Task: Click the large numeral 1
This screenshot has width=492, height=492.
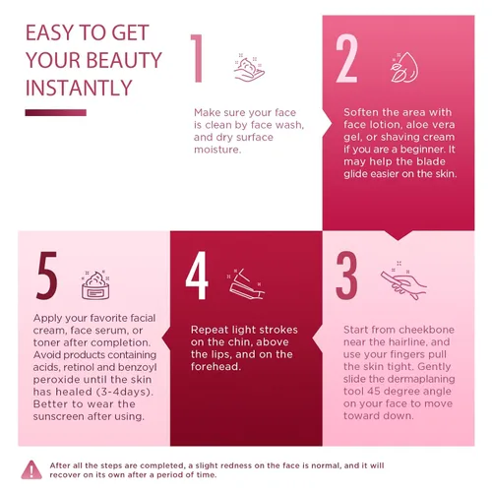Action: click(197, 58)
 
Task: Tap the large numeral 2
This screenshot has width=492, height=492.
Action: click(346, 58)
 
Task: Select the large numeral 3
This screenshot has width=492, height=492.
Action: click(346, 276)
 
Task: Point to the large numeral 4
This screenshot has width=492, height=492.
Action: click(197, 276)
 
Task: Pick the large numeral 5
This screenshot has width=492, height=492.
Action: click(46, 276)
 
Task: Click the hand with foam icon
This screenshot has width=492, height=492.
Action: click(249, 67)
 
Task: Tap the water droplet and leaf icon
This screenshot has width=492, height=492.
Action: click(404, 67)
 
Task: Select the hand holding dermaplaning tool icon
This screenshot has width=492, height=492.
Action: click(403, 281)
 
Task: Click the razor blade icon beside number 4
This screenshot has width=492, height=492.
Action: click(246, 283)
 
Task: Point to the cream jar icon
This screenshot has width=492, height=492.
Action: click(95, 285)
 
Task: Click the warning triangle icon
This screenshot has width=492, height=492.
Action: click(31, 469)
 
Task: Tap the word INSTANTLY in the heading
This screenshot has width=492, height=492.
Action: click(79, 88)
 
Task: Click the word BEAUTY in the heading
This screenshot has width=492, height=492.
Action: click(124, 60)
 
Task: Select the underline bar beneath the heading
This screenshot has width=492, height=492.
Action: click(56, 113)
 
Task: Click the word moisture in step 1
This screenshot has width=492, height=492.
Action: click(217, 150)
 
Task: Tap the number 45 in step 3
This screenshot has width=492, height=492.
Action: click(374, 392)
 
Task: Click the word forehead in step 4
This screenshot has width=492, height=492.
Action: click(215, 366)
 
